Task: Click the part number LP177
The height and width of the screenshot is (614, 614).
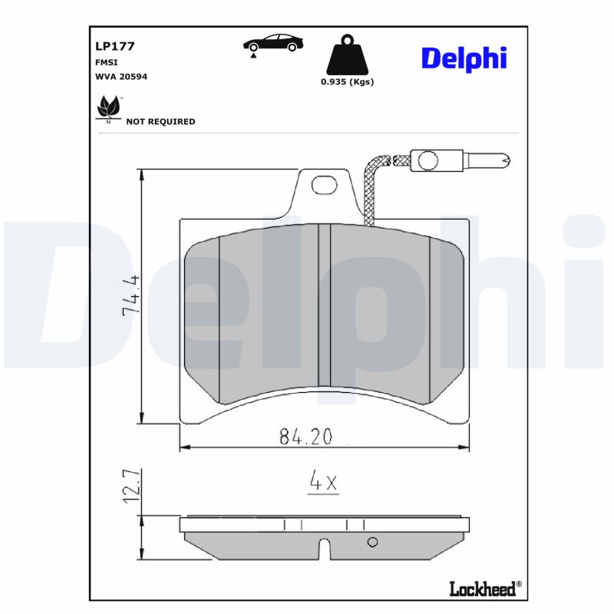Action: tap(115, 46)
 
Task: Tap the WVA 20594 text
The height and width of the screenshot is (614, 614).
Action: tap(120, 77)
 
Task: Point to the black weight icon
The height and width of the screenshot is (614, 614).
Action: tap(347, 54)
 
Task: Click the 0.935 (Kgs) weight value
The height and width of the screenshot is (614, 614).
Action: tap(347, 82)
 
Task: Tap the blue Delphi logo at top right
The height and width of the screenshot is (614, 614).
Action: tap(463, 58)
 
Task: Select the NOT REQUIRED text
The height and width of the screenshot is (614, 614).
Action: tap(160, 121)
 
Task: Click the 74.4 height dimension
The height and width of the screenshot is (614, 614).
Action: tap(130, 295)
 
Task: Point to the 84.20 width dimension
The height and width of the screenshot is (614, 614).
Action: tap(305, 437)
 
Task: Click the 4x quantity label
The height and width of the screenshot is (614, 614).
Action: tap(323, 482)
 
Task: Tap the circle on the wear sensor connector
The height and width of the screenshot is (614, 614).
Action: tap(427, 160)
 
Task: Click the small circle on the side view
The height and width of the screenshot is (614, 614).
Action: tap(373, 542)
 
